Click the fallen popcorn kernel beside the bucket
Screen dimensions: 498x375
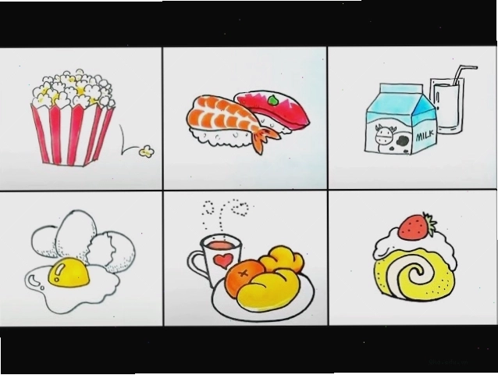tap(147, 152)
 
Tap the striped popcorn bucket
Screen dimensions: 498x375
tap(73, 134)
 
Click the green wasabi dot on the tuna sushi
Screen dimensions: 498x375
tap(272, 101)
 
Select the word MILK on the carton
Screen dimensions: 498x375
tap(425, 136)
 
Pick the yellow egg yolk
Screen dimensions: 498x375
tap(69, 272)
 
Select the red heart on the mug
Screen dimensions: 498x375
tap(222, 261)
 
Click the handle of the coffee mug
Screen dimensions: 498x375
tap(196, 266)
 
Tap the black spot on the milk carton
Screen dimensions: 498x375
tap(404, 141)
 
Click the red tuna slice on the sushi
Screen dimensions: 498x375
tap(272, 107)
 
